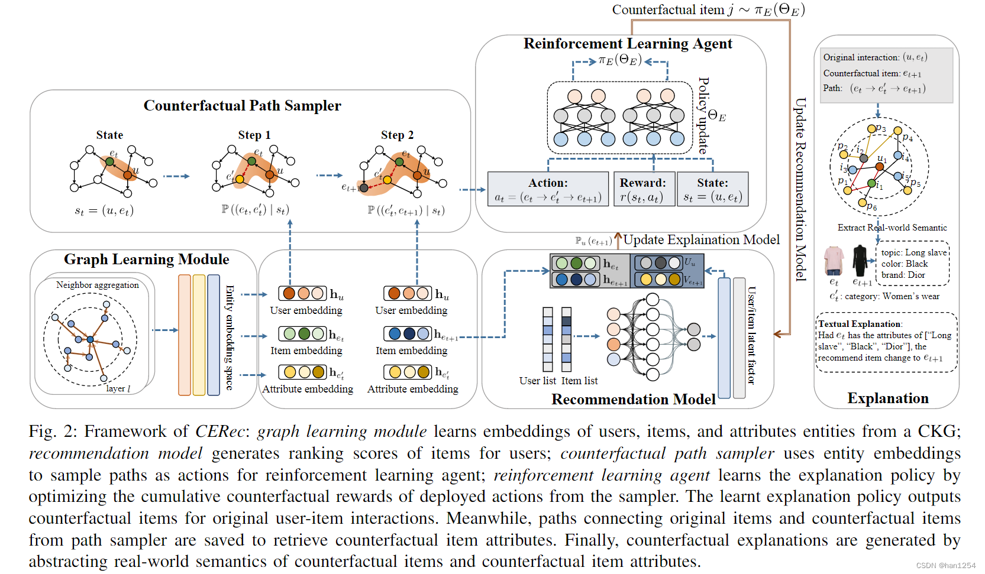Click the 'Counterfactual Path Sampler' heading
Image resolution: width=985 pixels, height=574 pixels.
point(242,106)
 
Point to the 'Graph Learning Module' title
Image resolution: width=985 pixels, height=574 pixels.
point(146,260)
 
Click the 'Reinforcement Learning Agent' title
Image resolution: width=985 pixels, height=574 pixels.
point(627,44)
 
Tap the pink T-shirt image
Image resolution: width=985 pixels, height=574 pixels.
point(834,261)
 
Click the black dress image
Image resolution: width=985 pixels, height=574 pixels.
point(860,261)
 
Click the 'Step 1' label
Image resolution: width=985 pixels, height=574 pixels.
point(254,135)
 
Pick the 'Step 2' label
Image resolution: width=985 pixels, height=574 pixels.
point(397,135)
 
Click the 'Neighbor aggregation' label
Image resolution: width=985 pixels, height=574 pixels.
point(98,285)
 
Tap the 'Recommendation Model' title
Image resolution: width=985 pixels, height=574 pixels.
point(633,400)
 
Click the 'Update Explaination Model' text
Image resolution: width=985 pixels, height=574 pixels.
point(701,240)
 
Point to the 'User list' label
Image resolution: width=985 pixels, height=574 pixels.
point(537,381)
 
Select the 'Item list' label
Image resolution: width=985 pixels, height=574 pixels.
point(579,381)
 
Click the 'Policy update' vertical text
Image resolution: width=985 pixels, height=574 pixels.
point(703,115)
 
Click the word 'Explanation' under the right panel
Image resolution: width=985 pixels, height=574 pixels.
point(887,398)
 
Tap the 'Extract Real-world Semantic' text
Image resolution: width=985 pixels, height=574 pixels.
point(892,228)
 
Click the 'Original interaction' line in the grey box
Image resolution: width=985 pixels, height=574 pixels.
point(874,57)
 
